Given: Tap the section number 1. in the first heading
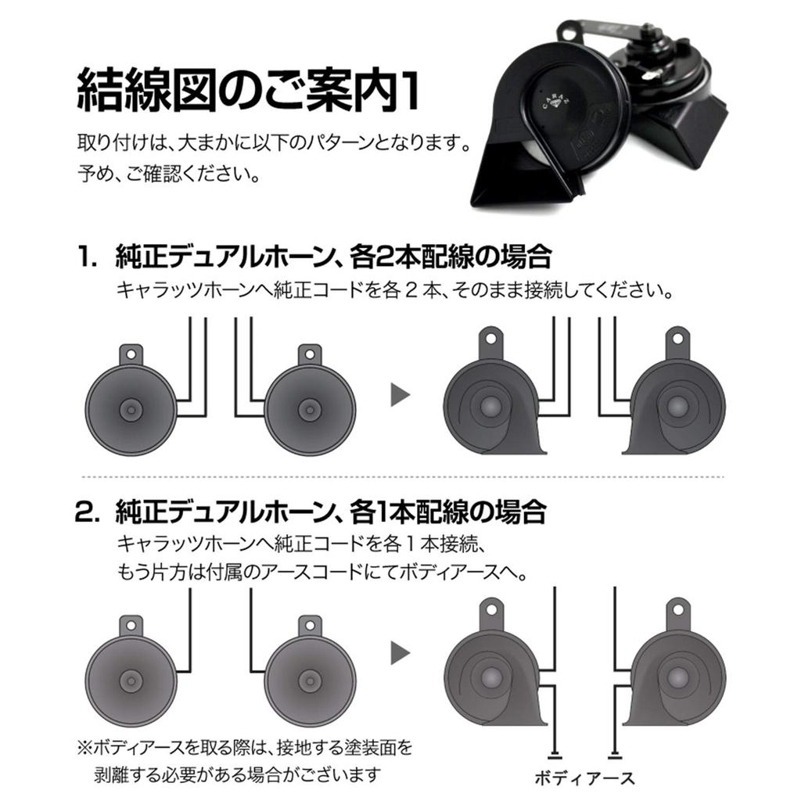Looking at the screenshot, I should click(x=87, y=257).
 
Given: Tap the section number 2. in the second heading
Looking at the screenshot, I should click(x=87, y=512).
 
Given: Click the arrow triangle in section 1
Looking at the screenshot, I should click(x=400, y=394).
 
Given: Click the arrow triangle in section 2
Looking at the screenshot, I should click(x=400, y=652).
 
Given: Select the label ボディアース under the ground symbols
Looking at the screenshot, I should click(x=584, y=777).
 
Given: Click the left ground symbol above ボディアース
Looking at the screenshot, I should click(x=555, y=755).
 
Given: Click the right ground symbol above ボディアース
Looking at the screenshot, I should click(x=615, y=755).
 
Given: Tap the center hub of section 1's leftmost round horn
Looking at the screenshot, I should click(x=131, y=410).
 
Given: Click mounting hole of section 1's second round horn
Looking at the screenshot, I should click(x=311, y=354).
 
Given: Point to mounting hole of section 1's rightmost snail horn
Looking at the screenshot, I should click(x=677, y=342).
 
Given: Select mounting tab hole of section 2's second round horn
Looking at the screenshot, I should click(x=311, y=624).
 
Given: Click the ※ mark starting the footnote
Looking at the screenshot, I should click(x=84, y=748).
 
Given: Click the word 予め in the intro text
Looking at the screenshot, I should click(x=96, y=172).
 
